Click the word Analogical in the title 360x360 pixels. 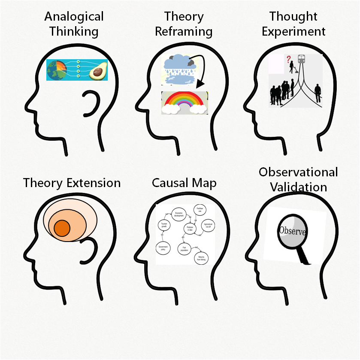(x=74, y=17)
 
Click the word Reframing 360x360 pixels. (x=184, y=31)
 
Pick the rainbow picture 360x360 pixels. (x=185, y=103)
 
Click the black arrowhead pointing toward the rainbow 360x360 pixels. (x=200, y=85)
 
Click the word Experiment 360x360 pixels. (x=294, y=31)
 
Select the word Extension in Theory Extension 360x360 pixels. (x=94, y=183)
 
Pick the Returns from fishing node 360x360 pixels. (x=201, y=258)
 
